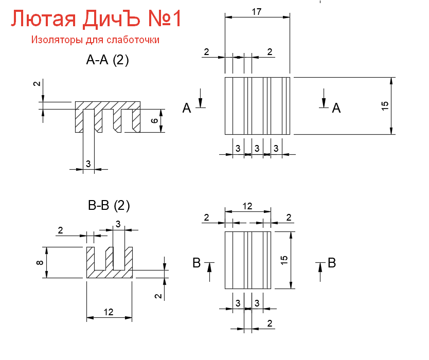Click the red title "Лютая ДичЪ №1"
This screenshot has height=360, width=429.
tap(96, 20)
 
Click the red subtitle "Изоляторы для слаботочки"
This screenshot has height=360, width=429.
tap(95, 40)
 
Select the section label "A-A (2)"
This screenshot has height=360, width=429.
tap(108, 60)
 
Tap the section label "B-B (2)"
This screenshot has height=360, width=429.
tap(109, 206)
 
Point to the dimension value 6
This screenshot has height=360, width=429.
tap(154, 121)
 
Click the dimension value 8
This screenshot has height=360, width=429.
tap(40, 263)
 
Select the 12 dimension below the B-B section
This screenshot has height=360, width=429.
tap(109, 312)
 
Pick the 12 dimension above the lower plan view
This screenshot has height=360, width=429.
tap(247, 206)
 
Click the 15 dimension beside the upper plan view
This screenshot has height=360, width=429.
tap(385, 106)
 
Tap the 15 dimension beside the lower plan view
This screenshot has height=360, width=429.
tap(284, 260)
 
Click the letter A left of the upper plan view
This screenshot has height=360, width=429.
tap(187, 107)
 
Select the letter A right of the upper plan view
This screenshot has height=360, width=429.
tap(336, 107)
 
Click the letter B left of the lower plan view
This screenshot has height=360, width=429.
tap(196, 263)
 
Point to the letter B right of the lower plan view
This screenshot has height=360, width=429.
tap(332, 263)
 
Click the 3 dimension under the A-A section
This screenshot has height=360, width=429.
tap(88, 164)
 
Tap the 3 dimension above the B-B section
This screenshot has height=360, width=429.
tap(118, 224)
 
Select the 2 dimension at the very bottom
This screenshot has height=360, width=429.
tap(270, 323)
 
